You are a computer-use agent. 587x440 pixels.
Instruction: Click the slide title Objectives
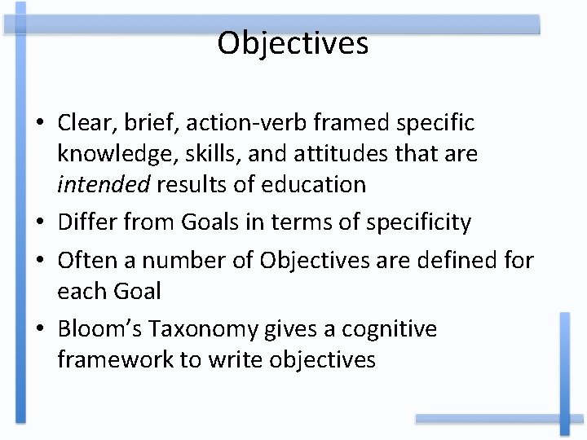(293, 43)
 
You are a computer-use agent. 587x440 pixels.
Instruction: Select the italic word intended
(104, 184)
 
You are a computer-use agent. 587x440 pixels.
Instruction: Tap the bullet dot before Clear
(39, 124)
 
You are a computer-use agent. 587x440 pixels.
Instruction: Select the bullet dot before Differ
(39, 222)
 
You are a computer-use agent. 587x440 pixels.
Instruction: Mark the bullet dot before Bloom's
(39, 330)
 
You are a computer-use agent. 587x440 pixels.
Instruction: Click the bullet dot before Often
(39, 261)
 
